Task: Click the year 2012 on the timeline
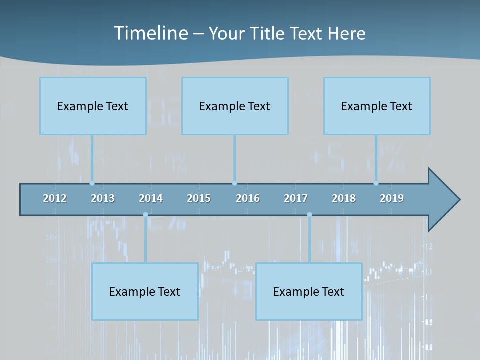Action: click(x=55, y=198)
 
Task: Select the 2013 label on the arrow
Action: click(x=103, y=198)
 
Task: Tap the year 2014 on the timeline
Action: click(x=151, y=198)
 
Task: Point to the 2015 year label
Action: click(x=199, y=198)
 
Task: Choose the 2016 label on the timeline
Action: click(x=248, y=198)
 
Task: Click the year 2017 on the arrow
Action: click(x=296, y=198)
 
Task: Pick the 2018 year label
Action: click(x=344, y=198)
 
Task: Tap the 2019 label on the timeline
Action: click(x=392, y=198)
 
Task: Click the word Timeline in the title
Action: click(x=150, y=33)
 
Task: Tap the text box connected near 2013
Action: click(x=93, y=106)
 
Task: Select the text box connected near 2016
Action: click(x=235, y=106)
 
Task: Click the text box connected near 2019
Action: click(x=377, y=106)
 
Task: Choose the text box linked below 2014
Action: click(x=145, y=291)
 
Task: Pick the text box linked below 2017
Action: click(x=309, y=291)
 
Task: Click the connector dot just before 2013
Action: click(x=92, y=183)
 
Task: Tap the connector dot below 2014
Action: click(x=145, y=215)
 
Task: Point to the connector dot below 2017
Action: click(x=309, y=215)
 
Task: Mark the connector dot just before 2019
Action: click(x=376, y=183)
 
